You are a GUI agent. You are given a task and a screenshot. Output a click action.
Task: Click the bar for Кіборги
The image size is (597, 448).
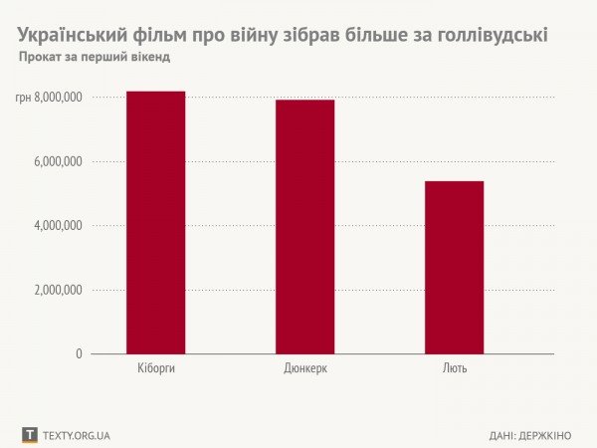[x=155, y=223]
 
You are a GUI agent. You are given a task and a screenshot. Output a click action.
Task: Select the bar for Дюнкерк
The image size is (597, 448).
[x=304, y=227]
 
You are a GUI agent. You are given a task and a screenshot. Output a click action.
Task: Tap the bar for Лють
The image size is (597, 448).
[x=454, y=268]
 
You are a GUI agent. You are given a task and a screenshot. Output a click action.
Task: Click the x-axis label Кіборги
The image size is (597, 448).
[x=155, y=369]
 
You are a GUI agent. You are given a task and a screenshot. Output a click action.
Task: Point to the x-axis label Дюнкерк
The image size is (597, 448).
[x=305, y=369]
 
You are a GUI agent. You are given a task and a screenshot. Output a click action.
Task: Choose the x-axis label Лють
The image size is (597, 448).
[x=454, y=369]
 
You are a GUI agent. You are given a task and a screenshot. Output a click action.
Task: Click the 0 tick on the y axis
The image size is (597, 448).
[x=79, y=353]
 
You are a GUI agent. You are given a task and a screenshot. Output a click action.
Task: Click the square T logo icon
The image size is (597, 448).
[x=30, y=435]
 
